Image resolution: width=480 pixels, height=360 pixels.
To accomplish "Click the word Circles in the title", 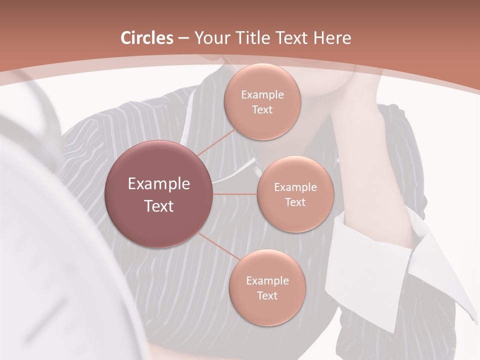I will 147,38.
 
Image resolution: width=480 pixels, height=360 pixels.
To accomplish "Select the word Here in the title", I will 332,38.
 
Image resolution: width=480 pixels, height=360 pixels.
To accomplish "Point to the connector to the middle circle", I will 235,194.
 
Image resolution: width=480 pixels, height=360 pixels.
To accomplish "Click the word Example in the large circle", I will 159,184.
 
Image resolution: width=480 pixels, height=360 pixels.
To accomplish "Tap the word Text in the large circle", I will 159,206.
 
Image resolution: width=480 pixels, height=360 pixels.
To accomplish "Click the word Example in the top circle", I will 262,95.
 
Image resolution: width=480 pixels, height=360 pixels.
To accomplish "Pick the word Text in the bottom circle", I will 267,295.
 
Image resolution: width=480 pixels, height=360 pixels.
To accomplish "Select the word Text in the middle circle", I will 295,202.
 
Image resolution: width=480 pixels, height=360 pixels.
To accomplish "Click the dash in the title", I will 183,38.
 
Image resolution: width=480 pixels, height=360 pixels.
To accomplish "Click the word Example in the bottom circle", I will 267,281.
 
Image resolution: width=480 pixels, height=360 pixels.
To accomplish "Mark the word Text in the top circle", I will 262,110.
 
